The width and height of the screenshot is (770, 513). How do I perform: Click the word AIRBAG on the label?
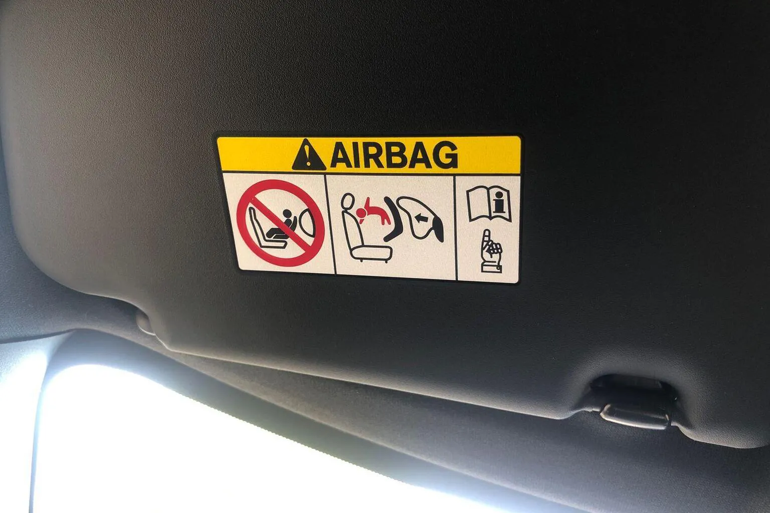point(394,155)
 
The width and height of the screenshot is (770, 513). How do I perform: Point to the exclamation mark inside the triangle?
point(308,157)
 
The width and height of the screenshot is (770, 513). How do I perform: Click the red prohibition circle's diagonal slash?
point(281,223)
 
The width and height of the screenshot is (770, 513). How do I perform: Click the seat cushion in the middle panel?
point(372,254)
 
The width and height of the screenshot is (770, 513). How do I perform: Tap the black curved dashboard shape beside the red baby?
point(392,220)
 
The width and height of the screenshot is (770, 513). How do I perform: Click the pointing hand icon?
point(491,252)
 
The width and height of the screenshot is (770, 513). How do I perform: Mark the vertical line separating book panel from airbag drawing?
point(457,228)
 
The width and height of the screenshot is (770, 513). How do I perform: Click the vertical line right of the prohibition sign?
point(330,225)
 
